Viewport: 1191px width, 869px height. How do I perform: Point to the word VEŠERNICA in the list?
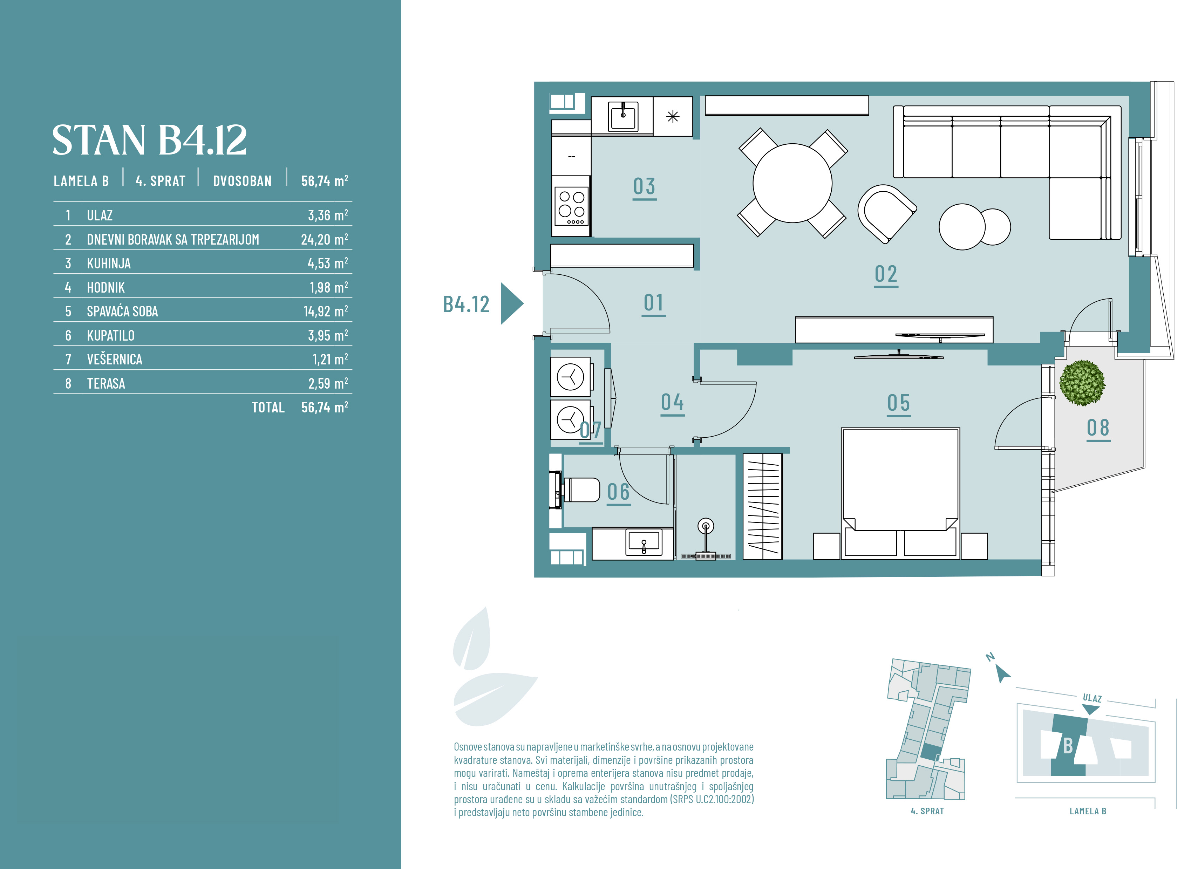click(115, 359)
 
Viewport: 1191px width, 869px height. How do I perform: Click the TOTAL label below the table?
click(268, 407)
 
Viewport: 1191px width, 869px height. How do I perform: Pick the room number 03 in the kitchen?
click(645, 187)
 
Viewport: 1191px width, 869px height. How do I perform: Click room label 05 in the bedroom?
click(899, 403)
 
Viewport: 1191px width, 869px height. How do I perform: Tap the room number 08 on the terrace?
click(1098, 428)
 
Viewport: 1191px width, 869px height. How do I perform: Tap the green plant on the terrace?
click(1082, 383)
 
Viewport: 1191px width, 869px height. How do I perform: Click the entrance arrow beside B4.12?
click(511, 303)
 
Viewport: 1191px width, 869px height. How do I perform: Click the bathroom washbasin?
click(644, 543)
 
